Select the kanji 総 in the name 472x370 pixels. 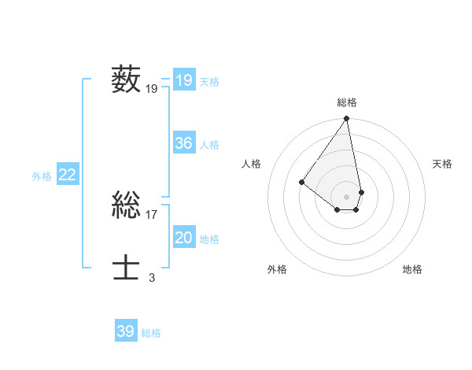[127, 206]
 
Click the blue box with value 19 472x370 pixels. [183, 80]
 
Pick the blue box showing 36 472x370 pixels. [183, 143]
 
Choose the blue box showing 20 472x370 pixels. [183, 238]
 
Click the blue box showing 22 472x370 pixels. [67, 175]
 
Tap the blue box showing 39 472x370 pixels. [125, 331]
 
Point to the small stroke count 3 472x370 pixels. [152, 278]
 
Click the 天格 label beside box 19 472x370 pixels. [209, 82]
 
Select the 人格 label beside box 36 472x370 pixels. [209, 145]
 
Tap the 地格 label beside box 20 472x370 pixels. [209, 239]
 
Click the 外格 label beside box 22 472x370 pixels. [42, 176]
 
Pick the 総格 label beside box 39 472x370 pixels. [151, 333]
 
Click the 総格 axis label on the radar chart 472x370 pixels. [347, 102]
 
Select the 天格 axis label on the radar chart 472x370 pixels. [442, 164]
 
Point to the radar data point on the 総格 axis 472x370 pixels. [347, 119]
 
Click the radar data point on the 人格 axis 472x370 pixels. [301, 182]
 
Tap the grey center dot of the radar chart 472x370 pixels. [347, 196]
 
